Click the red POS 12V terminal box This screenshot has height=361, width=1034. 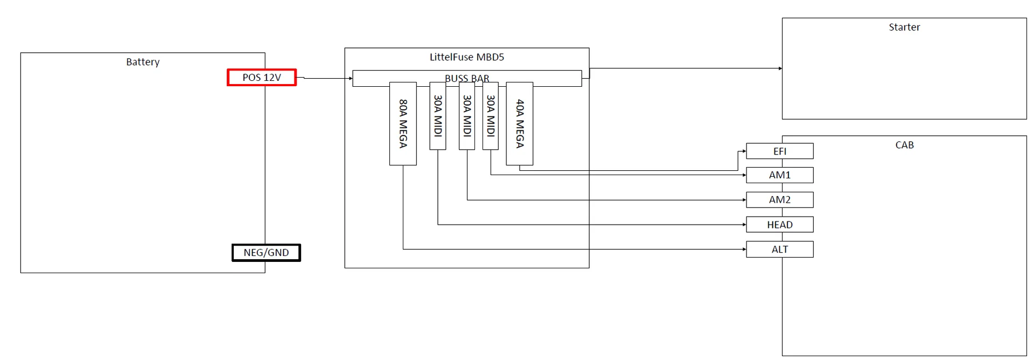pos(262,78)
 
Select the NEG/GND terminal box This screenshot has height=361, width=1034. pos(266,253)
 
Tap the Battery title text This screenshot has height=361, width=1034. pos(143,62)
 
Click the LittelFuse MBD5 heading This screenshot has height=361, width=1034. pos(467,57)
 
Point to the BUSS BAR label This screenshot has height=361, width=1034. pos(467,78)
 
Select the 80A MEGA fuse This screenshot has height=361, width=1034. pos(403,123)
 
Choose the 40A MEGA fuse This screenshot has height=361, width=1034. pos(520,123)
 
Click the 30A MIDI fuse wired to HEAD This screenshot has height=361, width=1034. pos(438,116)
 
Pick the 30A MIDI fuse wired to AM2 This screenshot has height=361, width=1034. pos(467,116)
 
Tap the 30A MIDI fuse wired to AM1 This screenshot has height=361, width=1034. pos(491,116)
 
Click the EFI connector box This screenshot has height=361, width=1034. pos(780,151)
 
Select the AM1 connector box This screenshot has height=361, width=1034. pos(780,175)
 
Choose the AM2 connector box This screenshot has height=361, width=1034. pos(780,200)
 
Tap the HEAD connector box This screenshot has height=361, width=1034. pos(780,225)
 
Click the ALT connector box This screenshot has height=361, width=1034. pos(780,249)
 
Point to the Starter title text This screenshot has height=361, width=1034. pos(904,27)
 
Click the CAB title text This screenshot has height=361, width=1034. pos(904,145)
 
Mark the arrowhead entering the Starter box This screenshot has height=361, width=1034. pos(780,68)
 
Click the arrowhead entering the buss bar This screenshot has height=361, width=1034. pos(351,79)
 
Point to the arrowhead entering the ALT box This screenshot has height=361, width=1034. pos(744,249)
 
